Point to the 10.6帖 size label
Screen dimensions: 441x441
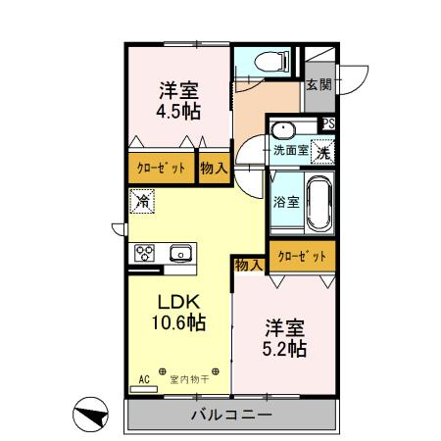(x=176, y=322)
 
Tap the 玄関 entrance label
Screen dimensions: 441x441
(x=318, y=84)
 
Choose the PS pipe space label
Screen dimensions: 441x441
(x=328, y=123)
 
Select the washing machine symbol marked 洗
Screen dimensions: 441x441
(x=321, y=151)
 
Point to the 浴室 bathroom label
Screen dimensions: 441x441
(x=286, y=202)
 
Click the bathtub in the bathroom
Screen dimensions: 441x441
(x=319, y=202)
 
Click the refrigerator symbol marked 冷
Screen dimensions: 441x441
(x=141, y=203)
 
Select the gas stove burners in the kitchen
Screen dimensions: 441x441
(x=144, y=254)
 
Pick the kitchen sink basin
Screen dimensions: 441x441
(x=182, y=254)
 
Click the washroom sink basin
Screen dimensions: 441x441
(x=283, y=130)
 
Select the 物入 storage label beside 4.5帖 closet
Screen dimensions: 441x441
(x=214, y=168)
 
